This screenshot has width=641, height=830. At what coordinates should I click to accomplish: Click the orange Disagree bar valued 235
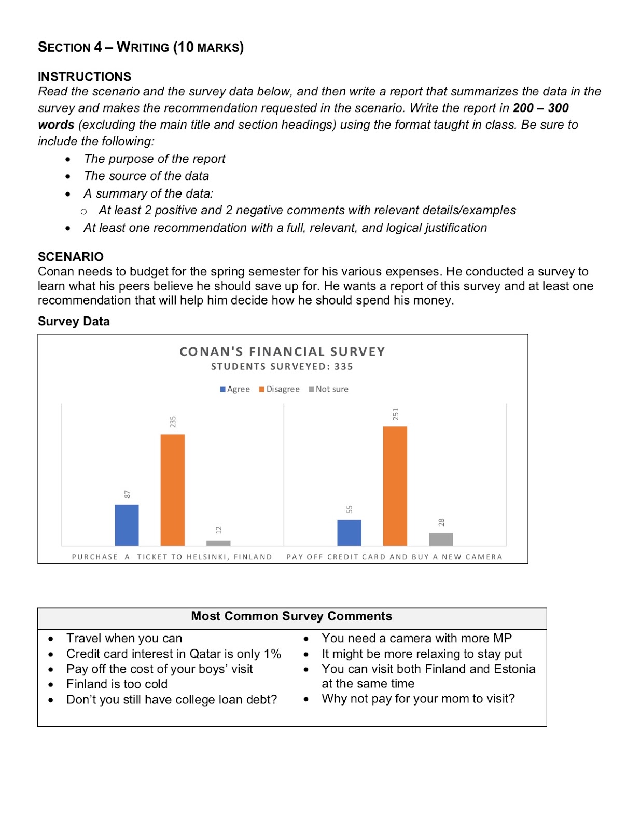(x=172, y=490)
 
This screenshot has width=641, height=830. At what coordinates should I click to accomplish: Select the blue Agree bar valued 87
(x=127, y=525)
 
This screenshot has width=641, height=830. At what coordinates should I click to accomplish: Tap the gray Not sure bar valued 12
(x=218, y=543)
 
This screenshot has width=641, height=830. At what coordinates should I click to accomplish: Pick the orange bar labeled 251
(x=395, y=486)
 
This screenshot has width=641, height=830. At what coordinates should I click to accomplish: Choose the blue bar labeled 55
(x=349, y=532)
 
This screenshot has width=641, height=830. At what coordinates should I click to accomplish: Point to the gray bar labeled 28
(x=441, y=539)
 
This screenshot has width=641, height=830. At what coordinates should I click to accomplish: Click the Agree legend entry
(x=235, y=389)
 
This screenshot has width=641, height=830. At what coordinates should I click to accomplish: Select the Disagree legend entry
(x=280, y=389)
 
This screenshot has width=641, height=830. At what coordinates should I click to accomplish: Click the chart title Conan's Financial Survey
(x=282, y=352)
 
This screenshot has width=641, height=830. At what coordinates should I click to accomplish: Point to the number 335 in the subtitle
(x=343, y=367)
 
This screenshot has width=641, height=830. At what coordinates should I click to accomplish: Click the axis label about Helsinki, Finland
(x=172, y=557)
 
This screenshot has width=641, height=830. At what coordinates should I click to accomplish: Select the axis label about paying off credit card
(x=394, y=557)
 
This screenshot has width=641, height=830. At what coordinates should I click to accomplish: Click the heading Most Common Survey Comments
(x=291, y=616)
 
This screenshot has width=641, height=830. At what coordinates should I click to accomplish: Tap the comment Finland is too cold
(x=117, y=684)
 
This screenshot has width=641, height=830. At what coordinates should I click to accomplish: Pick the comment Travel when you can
(x=124, y=638)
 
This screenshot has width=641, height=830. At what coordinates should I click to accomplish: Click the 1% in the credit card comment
(x=272, y=654)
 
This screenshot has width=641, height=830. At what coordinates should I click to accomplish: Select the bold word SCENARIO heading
(x=71, y=257)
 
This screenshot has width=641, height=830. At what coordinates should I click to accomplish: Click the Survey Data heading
(x=74, y=322)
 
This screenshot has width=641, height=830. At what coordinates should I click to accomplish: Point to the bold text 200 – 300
(x=540, y=108)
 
